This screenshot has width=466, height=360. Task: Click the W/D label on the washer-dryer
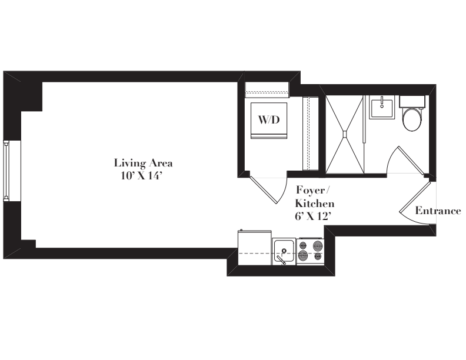pyautogui.click(x=269, y=119)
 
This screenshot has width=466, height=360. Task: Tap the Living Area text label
pyautogui.click(x=143, y=163)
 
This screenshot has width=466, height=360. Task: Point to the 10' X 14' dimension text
pyautogui.click(x=141, y=176)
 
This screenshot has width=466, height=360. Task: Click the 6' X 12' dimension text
pyautogui.click(x=313, y=216)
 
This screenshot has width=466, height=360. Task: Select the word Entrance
pyautogui.click(x=438, y=211)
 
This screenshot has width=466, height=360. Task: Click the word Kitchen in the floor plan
pyautogui.click(x=314, y=204)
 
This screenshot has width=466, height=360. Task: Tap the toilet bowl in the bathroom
pyautogui.click(x=412, y=119)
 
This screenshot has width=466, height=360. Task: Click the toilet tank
pyautogui.click(x=412, y=102)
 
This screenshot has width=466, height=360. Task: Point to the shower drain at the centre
pyautogui.click(x=345, y=134)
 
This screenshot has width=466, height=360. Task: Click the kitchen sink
pyautogui.click(x=284, y=251)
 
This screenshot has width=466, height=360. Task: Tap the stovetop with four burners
pyautogui.click(x=310, y=251)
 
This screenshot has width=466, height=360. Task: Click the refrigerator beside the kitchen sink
pyautogui.click(x=255, y=248)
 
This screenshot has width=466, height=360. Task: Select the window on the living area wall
pyautogui.click(x=6, y=171)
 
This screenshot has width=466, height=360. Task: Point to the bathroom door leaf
pyautogui.click(x=411, y=161)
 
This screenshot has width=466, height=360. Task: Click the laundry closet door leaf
pyautogui.click(x=264, y=190)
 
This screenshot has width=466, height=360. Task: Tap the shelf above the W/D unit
pyautogui.click(x=267, y=89)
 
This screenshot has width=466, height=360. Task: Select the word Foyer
pyautogui.click(x=311, y=191)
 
